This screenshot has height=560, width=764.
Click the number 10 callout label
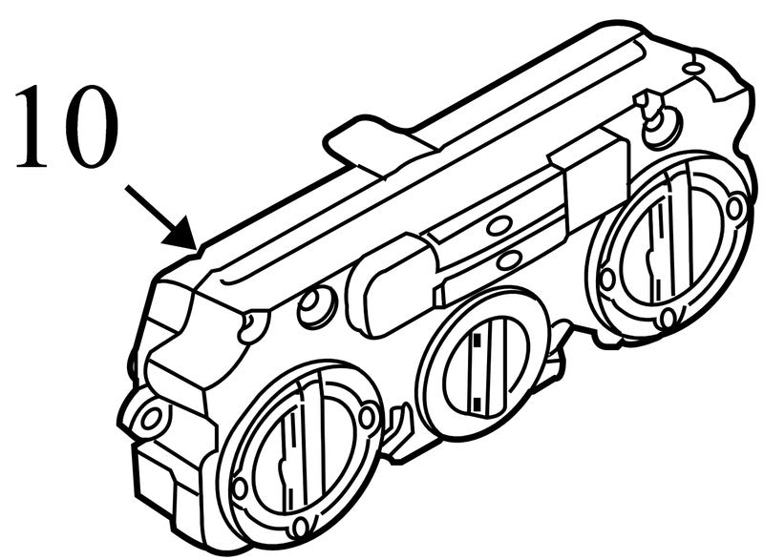coord(66,128)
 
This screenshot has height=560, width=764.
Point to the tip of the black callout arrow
coord(197,249)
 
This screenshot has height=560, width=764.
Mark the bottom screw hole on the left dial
coord(302,527)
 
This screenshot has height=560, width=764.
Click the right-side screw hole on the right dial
coord(734,208)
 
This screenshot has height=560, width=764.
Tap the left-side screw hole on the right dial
coord(607,279)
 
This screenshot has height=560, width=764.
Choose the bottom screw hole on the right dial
coord(668,319)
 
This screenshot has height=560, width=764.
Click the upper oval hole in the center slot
coord(498,226)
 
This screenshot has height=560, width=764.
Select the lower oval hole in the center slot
coord(510,259)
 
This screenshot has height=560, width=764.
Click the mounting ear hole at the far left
coord(151,418)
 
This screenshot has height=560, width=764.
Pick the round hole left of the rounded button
coord(317,306)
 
